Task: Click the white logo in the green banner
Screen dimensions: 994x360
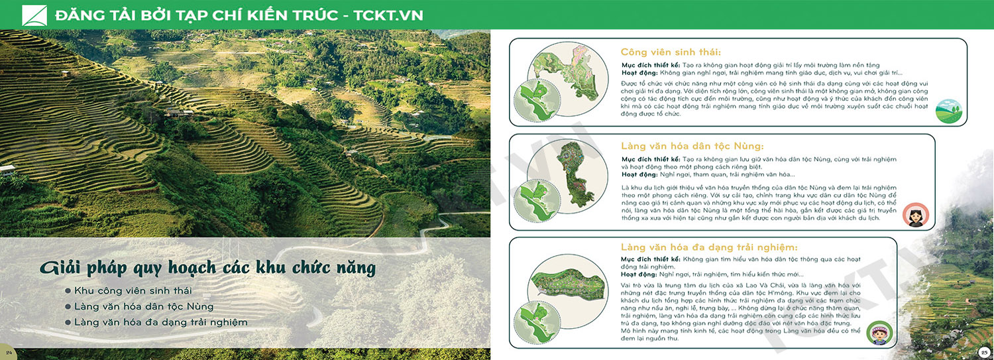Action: coord(34,15)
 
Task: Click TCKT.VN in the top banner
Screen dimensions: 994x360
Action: coord(388,15)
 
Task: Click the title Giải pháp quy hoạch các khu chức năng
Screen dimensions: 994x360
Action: coord(207,268)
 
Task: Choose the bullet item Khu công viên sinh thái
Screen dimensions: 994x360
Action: coord(133,291)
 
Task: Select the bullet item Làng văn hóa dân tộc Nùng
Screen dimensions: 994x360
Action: coord(144,306)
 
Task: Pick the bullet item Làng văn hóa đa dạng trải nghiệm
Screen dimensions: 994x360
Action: coord(160,322)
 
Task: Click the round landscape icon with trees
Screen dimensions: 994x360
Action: coord(949,111)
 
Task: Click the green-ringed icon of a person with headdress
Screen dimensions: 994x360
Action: coord(879,332)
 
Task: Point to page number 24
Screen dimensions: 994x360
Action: coord(9,353)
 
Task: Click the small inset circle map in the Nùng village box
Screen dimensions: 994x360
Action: coord(537,201)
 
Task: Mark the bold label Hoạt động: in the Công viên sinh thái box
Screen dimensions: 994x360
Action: coord(639,73)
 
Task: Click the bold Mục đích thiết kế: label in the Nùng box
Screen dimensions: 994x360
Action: coord(651,159)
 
